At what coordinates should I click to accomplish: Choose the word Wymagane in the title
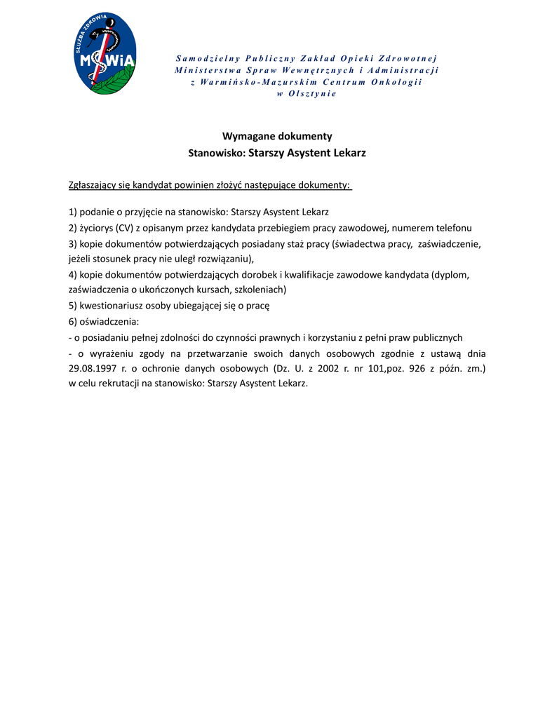pos(246,136)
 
